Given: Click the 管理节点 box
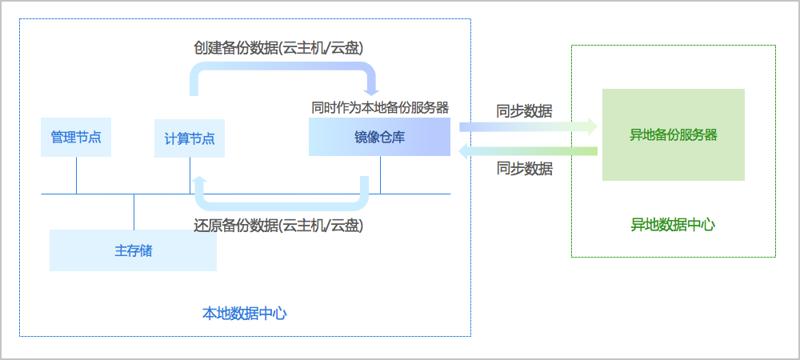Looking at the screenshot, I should coord(76,138).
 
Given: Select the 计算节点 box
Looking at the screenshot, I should coord(189,138).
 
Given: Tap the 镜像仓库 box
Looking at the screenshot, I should coord(379,137).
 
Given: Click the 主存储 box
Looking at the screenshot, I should coord(133,250).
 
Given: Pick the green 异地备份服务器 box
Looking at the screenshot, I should coord(673,134).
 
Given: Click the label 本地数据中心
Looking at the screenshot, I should coord(244,313).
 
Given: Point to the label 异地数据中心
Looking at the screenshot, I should coord(673,225).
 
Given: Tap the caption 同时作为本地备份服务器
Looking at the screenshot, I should coord(379,107).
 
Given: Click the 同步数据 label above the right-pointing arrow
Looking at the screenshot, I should coord(524,111).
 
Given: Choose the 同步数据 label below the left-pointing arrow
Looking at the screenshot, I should coord(524,169).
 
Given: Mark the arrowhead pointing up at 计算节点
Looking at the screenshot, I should coord(199,182).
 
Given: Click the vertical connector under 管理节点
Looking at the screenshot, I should coord(76,175).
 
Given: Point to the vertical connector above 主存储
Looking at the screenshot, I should coord(134,211).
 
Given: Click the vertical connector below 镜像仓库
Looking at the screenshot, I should coord(380,174).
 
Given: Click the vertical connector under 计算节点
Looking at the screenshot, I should coord(190,175).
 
